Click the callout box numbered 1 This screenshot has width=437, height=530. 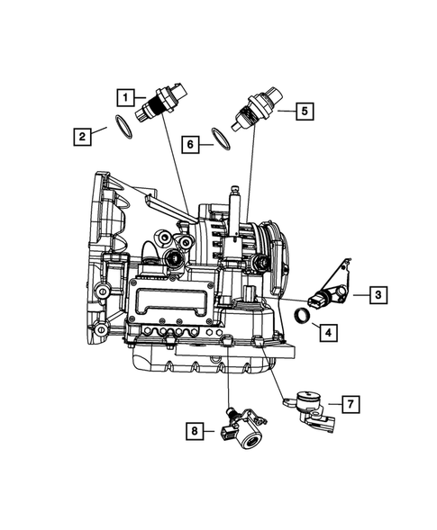pos(127,95)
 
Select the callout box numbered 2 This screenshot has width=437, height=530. pos(82,137)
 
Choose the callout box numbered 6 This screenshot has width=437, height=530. pos(189,142)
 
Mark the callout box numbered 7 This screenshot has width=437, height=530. pos(347,406)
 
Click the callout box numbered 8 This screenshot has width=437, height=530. pos(196,433)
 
